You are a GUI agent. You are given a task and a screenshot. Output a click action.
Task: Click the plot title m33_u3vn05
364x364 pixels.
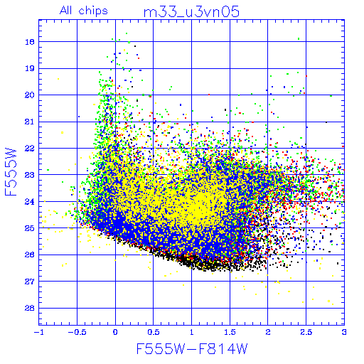pyautogui.click(x=191, y=12)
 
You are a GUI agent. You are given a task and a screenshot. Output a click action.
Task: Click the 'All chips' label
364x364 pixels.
pyautogui.click(x=84, y=11)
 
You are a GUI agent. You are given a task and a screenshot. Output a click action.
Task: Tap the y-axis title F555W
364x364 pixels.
pyautogui.click(x=11, y=172)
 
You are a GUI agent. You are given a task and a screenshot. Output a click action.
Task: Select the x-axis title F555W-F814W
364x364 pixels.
pyautogui.click(x=192, y=348)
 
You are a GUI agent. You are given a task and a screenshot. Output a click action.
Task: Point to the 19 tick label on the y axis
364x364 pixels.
pyautogui.click(x=30, y=68)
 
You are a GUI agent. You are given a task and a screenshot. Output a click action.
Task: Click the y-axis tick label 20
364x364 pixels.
pyautogui.click(x=30, y=95)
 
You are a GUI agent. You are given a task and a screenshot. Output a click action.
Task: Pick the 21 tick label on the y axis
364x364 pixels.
pyautogui.click(x=30, y=122)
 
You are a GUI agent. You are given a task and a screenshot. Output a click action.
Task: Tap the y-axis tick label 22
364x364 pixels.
pyautogui.click(x=30, y=149)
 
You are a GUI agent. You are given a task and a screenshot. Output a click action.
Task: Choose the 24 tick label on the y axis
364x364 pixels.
pyautogui.click(x=30, y=202)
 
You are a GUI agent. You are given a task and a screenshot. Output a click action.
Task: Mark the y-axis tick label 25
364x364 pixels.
pyautogui.click(x=30, y=228)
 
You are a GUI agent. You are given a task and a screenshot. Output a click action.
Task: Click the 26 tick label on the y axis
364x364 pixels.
pyautogui.click(x=30, y=255)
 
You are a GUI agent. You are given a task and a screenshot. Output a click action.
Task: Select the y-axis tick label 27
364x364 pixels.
pyautogui.click(x=30, y=282)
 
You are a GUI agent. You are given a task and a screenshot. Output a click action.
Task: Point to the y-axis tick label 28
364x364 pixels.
pyautogui.click(x=30, y=308)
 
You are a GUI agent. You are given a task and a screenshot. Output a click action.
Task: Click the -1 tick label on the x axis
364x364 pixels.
pyautogui.click(x=38, y=332)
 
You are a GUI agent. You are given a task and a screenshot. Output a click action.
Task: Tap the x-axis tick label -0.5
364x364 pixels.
pyautogui.click(x=77, y=332)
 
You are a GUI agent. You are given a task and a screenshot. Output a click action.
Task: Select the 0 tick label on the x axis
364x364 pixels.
pyautogui.click(x=115, y=332)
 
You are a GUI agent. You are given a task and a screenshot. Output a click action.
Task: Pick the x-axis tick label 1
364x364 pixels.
pyautogui.click(x=191, y=332)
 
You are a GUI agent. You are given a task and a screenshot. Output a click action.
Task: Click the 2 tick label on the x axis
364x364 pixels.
pyautogui.click(x=268, y=332)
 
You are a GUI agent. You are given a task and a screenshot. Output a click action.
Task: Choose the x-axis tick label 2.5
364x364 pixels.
pyautogui.click(x=306, y=332)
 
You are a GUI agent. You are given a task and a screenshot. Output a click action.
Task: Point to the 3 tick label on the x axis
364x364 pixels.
pyautogui.click(x=344, y=332)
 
